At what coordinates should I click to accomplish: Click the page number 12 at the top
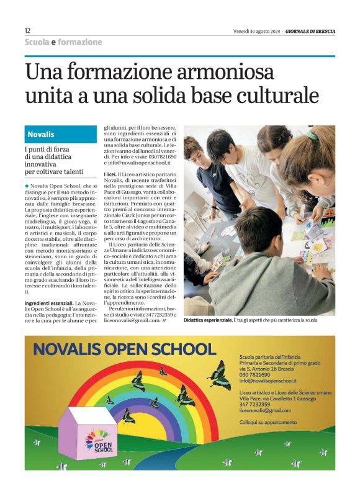(27, 30)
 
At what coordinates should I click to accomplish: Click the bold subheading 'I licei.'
(112, 176)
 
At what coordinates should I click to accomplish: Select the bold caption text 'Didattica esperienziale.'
(207, 320)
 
